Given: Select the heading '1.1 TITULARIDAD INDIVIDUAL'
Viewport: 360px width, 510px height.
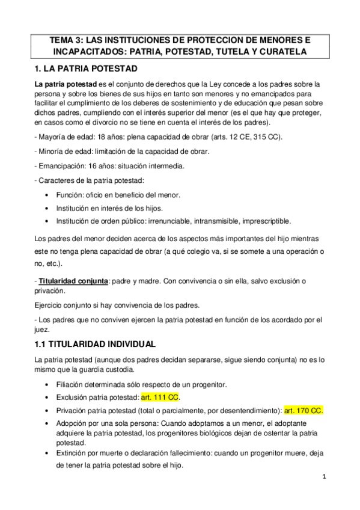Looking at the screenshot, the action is click(96, 345).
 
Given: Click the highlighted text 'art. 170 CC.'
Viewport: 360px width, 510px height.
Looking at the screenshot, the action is click(304, 411).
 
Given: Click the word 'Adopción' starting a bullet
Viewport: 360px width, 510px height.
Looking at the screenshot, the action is click(72, 423).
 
